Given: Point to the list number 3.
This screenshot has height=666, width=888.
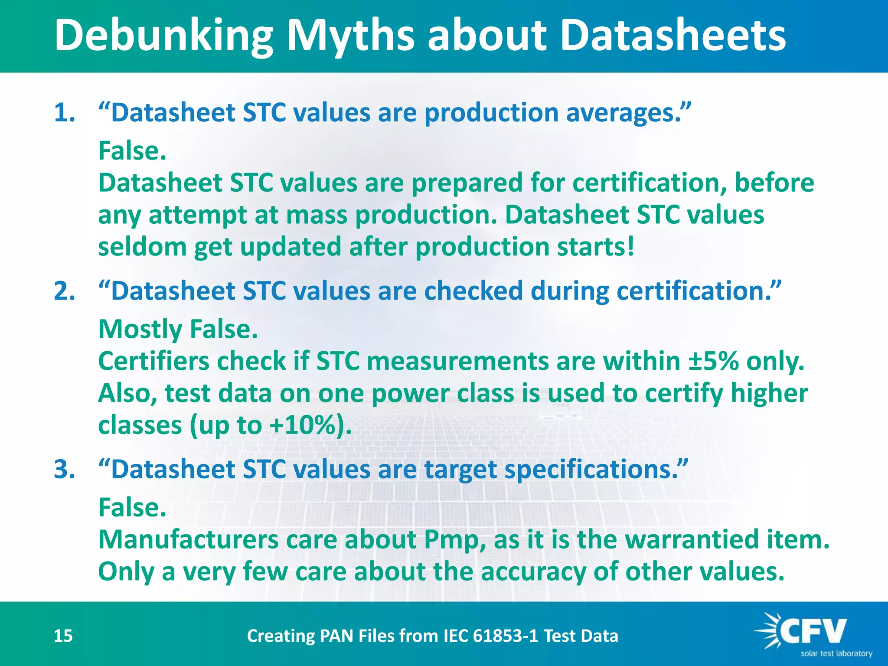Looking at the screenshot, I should (x=64, y=469).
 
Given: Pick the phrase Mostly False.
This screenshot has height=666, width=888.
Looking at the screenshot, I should (x=178, y=329).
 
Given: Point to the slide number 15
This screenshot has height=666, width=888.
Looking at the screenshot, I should (x=63, y=636).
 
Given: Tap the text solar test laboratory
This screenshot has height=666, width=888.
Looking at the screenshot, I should (x=836, y=654).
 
